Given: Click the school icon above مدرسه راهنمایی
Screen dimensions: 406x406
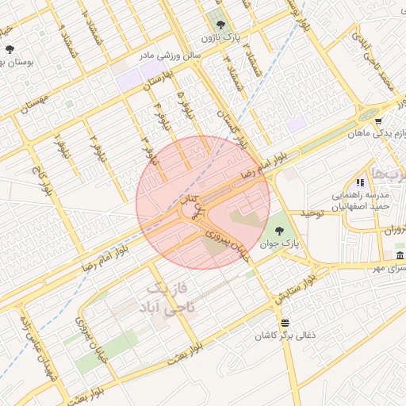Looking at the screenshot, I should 361,182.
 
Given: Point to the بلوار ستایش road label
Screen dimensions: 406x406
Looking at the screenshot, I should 297,289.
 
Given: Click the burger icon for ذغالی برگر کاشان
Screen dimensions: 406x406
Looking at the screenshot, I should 285,322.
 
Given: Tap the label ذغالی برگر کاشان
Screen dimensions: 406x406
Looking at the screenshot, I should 285,336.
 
